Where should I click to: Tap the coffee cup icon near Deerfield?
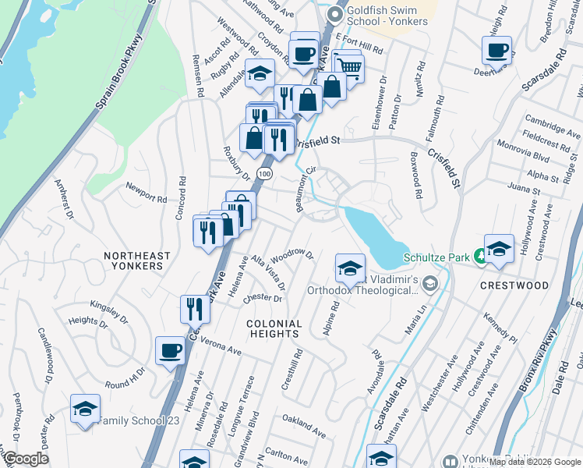click(496, 51)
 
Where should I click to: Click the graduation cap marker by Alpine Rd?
click(350, 268)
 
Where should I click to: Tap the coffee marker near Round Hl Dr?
click(170, 351)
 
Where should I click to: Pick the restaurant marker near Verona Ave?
click(195, 309)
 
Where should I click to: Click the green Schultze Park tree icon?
click(482, 253)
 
